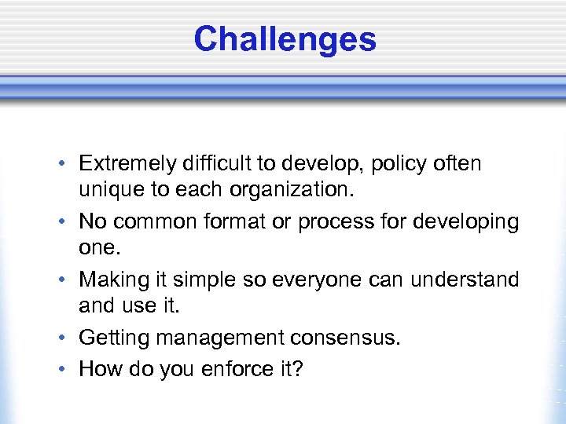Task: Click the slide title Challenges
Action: pos(285,38)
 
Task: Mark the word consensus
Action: pos(346,338)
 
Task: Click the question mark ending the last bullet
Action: pos(296,367)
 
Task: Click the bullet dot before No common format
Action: pos(61,223)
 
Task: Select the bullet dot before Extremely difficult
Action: pos(61,165)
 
